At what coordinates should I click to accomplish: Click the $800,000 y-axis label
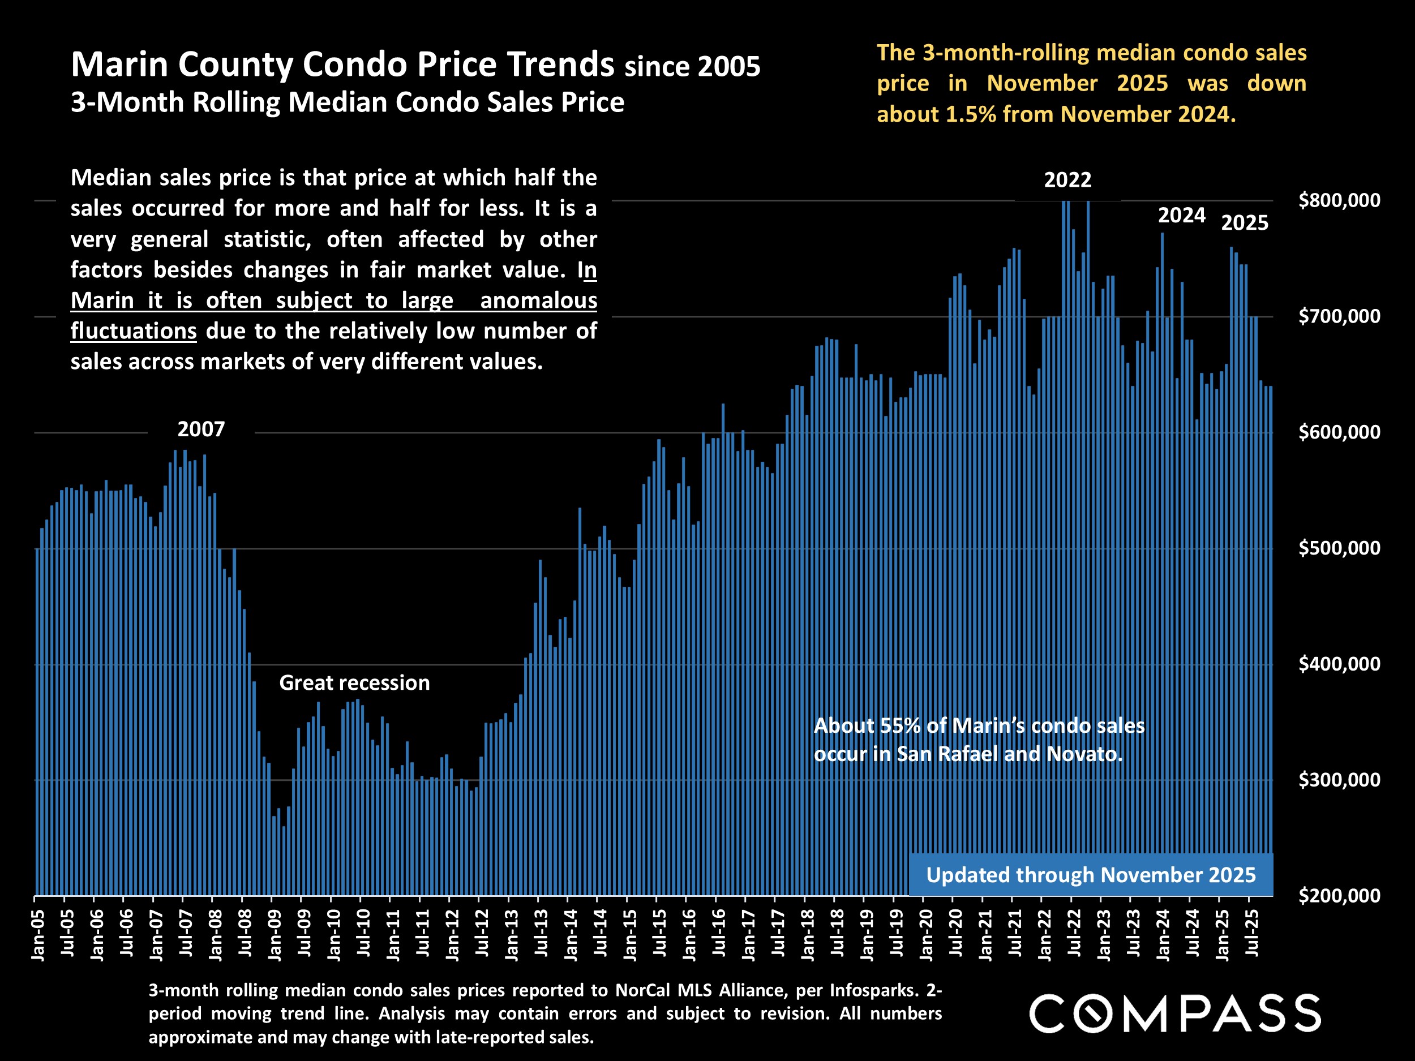[x=1339, y=200]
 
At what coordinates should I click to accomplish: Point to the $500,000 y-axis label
[x=1339, y=548]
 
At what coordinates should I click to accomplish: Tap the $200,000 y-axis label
[x=1339, y=895]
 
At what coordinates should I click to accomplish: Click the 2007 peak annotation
[x=201, y=429]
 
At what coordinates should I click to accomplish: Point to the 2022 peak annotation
[x=1067, y=180]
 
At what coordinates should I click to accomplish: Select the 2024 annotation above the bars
[x=1181, y=216]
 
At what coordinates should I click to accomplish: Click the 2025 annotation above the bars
[x=1244, y=222]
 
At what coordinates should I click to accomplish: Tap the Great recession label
[x=354, y=683]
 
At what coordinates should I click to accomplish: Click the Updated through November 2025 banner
[x=1091, y=874]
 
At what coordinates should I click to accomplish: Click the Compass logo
[x=1174, y=1013]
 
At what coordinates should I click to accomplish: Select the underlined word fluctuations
[x=133, y=330]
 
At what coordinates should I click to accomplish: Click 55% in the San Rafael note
[x=900, y=725]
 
